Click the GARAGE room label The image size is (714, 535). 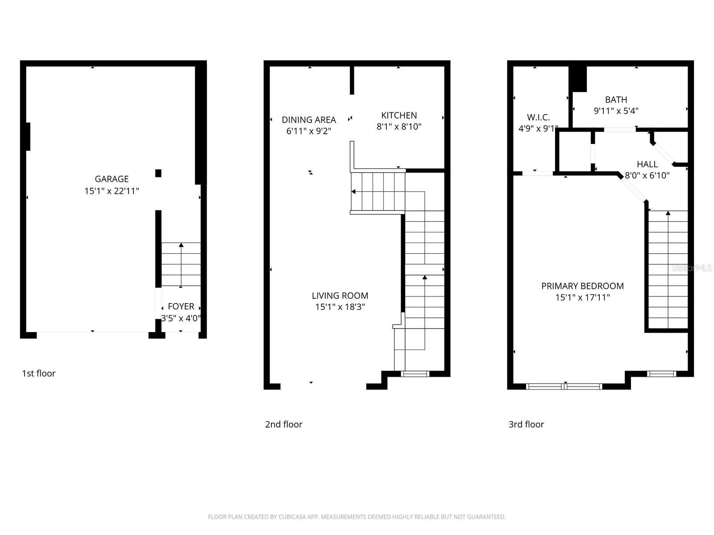[x=112, y=179]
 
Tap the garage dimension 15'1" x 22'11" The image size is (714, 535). [x=112, y=191]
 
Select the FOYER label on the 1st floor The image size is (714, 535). [x=181, y=306]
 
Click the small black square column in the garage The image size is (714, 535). [x=158, y=173]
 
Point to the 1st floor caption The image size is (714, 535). [x=39, y=373]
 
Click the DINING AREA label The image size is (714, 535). [x=309, y=119]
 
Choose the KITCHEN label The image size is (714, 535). [x=399, y=115]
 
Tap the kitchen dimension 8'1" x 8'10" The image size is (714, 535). [x=399, y=127]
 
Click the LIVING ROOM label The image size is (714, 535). [x=340, y=295]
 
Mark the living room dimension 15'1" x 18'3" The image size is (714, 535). [x=340, y=307]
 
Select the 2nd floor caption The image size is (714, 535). [x=283, y=424]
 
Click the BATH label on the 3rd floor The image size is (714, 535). [x=616, y=99]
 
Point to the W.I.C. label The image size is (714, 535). [x=538, y=117]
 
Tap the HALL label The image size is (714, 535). [x=647, y=164]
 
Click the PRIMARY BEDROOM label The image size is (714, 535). [x=582, y=286]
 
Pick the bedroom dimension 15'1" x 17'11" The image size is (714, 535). [x=582, y=297]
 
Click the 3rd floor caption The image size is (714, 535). [x=526, y=424]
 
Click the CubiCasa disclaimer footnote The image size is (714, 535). [x=357, y=517]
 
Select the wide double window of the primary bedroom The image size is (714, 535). [x=565, y=386]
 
